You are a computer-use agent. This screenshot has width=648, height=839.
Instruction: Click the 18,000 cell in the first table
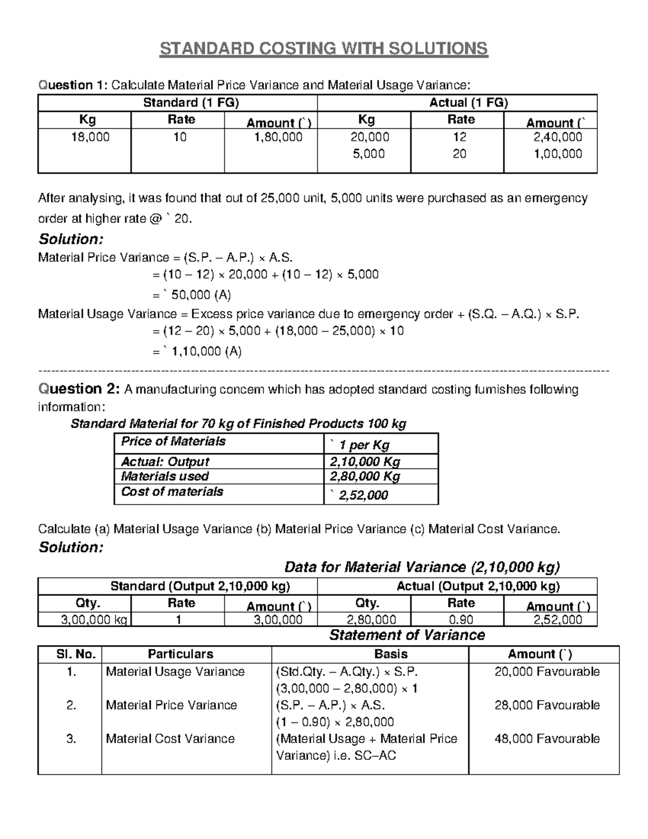click(90, 137)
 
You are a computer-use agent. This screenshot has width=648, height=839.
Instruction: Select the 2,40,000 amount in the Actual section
click(558, 137)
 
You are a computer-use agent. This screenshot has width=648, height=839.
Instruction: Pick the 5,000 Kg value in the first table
click(369, 154)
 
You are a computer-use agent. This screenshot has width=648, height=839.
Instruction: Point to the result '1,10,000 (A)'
click(206, 352)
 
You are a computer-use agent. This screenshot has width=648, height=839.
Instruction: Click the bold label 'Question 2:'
click(78, 389)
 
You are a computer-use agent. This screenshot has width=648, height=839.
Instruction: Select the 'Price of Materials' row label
click(173, 441)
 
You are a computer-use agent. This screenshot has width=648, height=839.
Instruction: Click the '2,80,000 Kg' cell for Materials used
click(364, 476)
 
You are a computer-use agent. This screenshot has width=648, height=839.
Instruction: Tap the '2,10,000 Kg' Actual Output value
click(364, 462)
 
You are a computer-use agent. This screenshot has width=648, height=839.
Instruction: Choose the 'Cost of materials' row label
click(172, 492)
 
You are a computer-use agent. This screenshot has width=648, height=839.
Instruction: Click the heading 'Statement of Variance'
click(407, 635)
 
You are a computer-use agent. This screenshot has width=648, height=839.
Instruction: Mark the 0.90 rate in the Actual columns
click(461, 620)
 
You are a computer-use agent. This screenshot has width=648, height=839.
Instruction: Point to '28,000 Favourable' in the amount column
click(546, 705)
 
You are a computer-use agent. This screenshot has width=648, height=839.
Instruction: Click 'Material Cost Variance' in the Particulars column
click(170, 739)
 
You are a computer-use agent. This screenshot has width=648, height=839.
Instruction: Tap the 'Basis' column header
click(390, 654)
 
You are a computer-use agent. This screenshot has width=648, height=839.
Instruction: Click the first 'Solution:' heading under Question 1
click(71, 239)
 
